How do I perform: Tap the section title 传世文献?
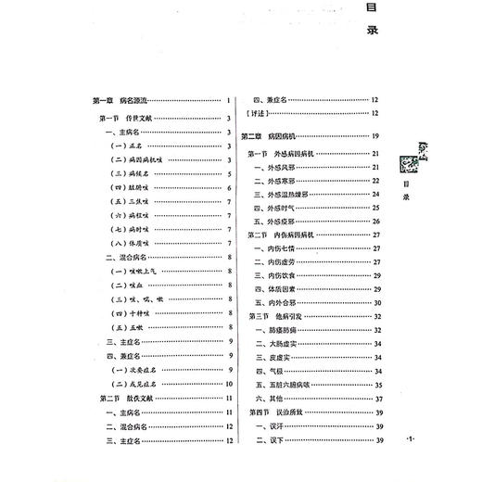[x=126, y=118]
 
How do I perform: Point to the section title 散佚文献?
[x=126, y=397]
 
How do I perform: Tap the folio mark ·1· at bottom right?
[x=414, y=436]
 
